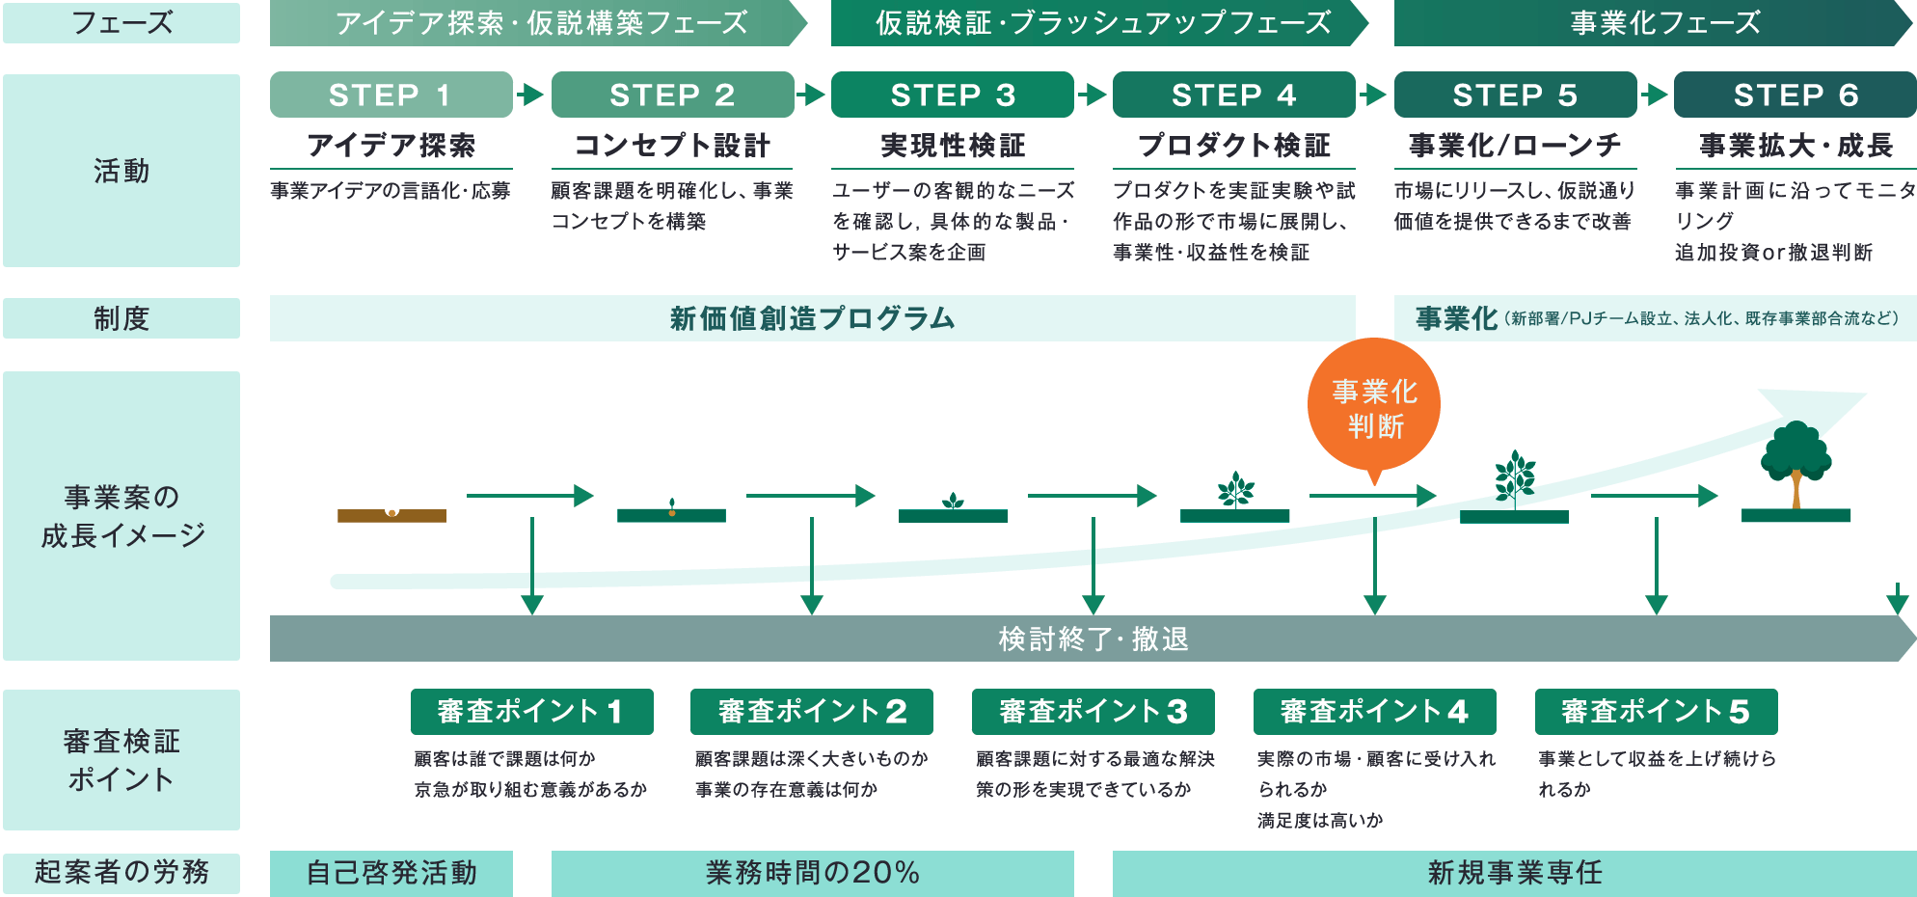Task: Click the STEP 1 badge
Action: pyautogui.click(x=391, y=95)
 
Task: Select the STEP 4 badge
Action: pyautogui.click(x=1233, y=95)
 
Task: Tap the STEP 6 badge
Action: pyautogui.click(x=1795, y=95)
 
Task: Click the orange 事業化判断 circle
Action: pyautogui.click(x=1374, y=406)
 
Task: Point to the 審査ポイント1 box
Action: pyautogui.click(x=531, y=712)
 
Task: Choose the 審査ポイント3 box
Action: pyautogui.click(x=1093, y=712)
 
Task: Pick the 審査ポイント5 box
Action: pyautogui.click(x=1656, y=712)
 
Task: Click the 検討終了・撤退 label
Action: pyautogui.click(x=1093, y=639)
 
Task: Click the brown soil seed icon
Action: pyautogui.click(x=391, y=515)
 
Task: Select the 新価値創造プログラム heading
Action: pyautogui.click(x=812, y=318)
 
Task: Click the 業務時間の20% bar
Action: pyautogui.click(x=812, y=873)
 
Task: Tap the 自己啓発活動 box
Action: pyautogui.click(x=391, y=873)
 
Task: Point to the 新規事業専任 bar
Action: pyautogui.click(x=1514, y=873)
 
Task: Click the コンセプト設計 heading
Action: pyautogui.click(x=672, y=146)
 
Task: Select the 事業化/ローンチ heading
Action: pyautogui.click(x=1514, y=146)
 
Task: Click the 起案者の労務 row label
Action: pyautogui.click(x=121, y=872)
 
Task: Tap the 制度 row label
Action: pyautogui.click(x=121, y=318)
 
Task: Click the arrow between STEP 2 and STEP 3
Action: pyautogui.click(x=812, y=95)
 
